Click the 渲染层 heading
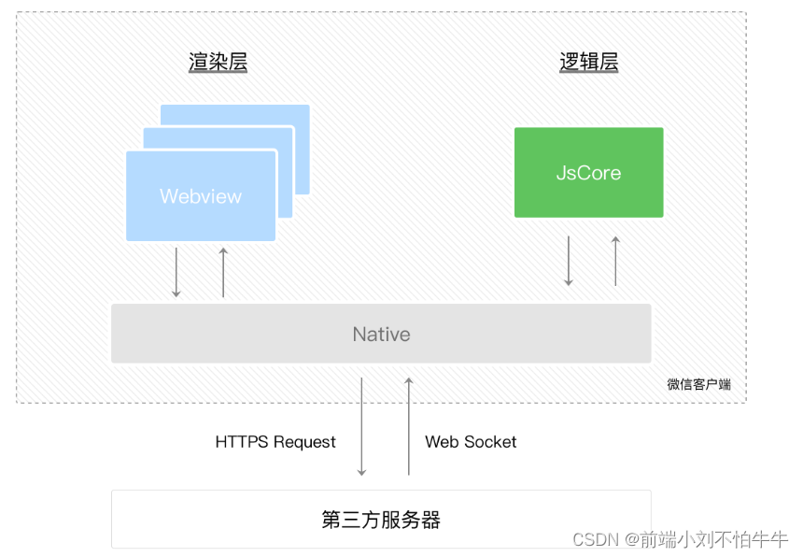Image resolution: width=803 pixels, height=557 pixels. point(218,62)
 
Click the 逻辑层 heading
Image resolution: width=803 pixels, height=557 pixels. point(589,62)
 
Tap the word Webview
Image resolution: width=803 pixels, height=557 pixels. point(201,196)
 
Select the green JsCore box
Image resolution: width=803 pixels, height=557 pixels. point(589,173)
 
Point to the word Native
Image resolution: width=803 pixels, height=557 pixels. point(382,335)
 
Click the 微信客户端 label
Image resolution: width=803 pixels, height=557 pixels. point(699,384)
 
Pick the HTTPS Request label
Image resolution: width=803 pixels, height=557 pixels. point(275,442)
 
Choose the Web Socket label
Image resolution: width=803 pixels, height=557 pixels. point(471,442)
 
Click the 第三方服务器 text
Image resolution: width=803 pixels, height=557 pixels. point(381,520)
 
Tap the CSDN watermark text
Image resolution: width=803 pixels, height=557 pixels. point(680,539)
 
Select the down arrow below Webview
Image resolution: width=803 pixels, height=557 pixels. point(176,273)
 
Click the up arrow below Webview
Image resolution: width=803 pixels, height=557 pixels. point(223,273)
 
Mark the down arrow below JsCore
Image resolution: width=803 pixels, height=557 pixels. point(569,261)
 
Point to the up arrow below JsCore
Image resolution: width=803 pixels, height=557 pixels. point(615,261)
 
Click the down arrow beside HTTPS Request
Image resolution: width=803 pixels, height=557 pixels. point(361,427)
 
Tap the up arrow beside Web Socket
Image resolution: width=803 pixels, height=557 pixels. point(409,426)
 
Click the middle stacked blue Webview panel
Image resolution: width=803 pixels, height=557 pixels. point(284,172)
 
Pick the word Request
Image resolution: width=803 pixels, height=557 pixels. point(304,443)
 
